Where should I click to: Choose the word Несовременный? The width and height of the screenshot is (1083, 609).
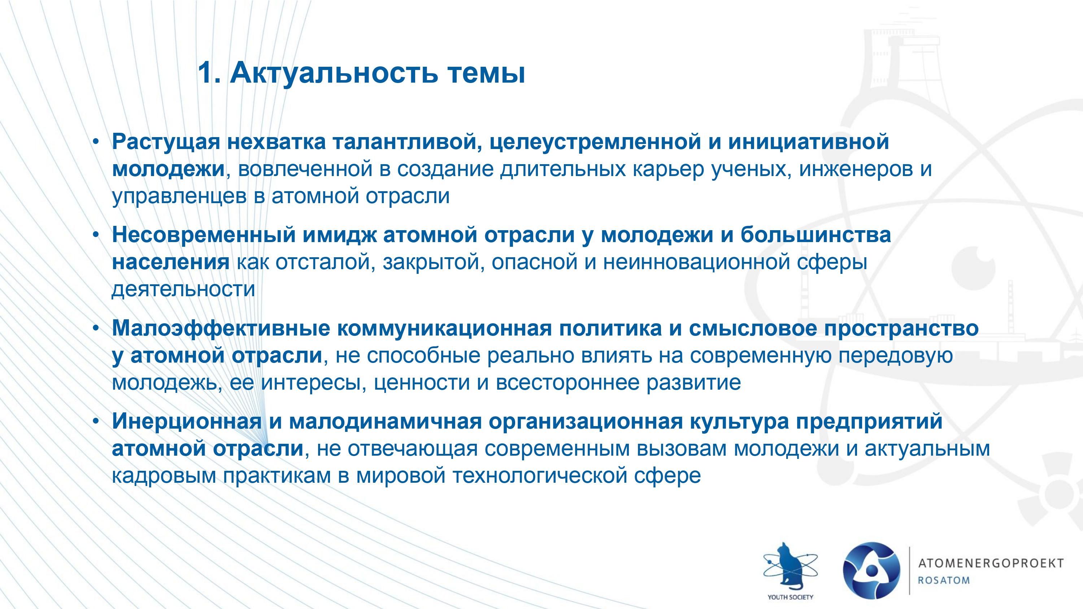click(x=204, y=235)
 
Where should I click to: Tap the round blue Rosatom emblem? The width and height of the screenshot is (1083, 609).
click(x=871, y=570)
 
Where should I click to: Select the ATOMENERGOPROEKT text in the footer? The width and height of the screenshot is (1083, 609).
click(x=991, y=563)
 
